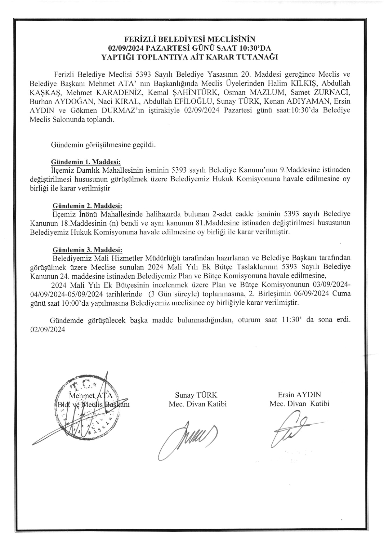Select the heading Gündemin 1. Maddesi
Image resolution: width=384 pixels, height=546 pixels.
tap(86, 162)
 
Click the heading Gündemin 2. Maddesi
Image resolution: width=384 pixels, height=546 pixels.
tap(87, 206)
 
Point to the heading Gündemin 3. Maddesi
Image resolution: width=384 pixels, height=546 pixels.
tap(87, 250)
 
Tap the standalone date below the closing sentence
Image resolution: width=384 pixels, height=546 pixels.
tap(47, 330)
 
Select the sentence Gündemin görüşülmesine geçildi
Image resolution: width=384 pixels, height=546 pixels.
tap(103, 145)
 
